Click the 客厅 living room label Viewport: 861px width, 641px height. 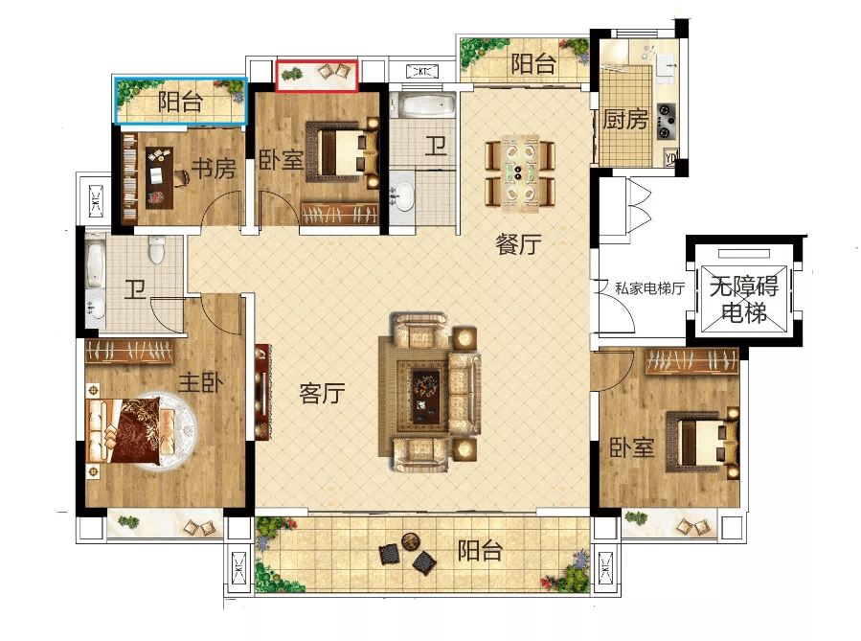pyautogui.click(x=323, y=393)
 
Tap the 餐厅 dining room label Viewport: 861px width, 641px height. pyautogui.click(x=518, y=244)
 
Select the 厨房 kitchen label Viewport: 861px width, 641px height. pyautogui.click(x=625, y=119)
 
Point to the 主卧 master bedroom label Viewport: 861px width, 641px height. pyautogui.click(x=201, y=382)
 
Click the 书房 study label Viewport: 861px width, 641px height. pyautogui.click(x=214, y=168)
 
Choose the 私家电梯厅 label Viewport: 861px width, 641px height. pyautogui.click(x=649, y=288)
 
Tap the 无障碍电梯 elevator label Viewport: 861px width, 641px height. pyautogui.click(x=744, y=299)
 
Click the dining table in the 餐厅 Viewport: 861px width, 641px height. pyautogui.click(x=519, y=173)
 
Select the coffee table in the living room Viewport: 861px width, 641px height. pyautogui.click(x=425, y=397)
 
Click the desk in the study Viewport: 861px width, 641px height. pyautogui.click(x=160, y=177)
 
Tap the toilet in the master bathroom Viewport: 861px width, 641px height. pyautogui.click(x=157, y=249)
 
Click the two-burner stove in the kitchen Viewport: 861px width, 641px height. pyautogui.click(x=666, y=120)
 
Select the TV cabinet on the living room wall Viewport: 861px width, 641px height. pyautogui.click(x=262, y=391)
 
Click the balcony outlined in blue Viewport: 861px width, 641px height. pyautogui.click(x=181, y=101)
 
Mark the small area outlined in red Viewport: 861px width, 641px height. pyautogui.click(x=317, y=76)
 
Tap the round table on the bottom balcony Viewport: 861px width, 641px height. pyautogui.click(x=409, y=542)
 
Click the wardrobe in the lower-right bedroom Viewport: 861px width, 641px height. pyautogui.click(x=691, y=361)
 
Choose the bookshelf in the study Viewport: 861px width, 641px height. pyautogui.click(x=129, y=178)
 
